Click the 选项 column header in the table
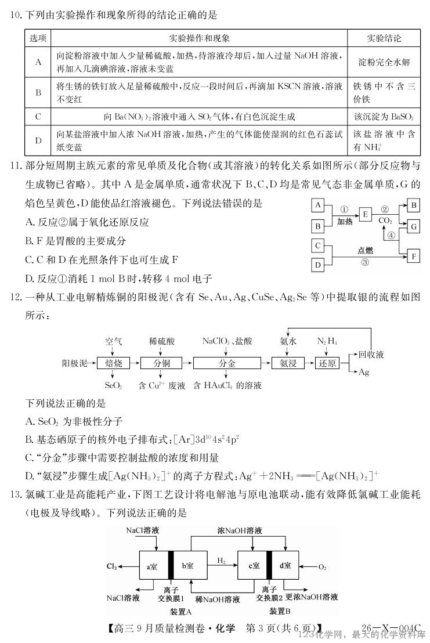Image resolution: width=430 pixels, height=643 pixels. point(38,39)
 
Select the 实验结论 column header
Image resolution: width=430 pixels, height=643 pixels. point(384,39)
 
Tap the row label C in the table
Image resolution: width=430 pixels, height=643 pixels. point(38,117)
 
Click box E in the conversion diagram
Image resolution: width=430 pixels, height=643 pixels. point(366,215)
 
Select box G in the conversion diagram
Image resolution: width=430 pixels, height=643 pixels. point(413,226)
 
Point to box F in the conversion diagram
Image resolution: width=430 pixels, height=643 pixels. point(413,255)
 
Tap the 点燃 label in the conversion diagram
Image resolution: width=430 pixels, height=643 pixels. point(365,251)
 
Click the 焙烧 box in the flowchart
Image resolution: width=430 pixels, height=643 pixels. point(114,363)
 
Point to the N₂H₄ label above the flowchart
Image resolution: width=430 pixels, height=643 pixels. point(327,341)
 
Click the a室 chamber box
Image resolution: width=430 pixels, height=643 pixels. point(153,566)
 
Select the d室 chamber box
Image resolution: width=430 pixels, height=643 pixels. point(286,566)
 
